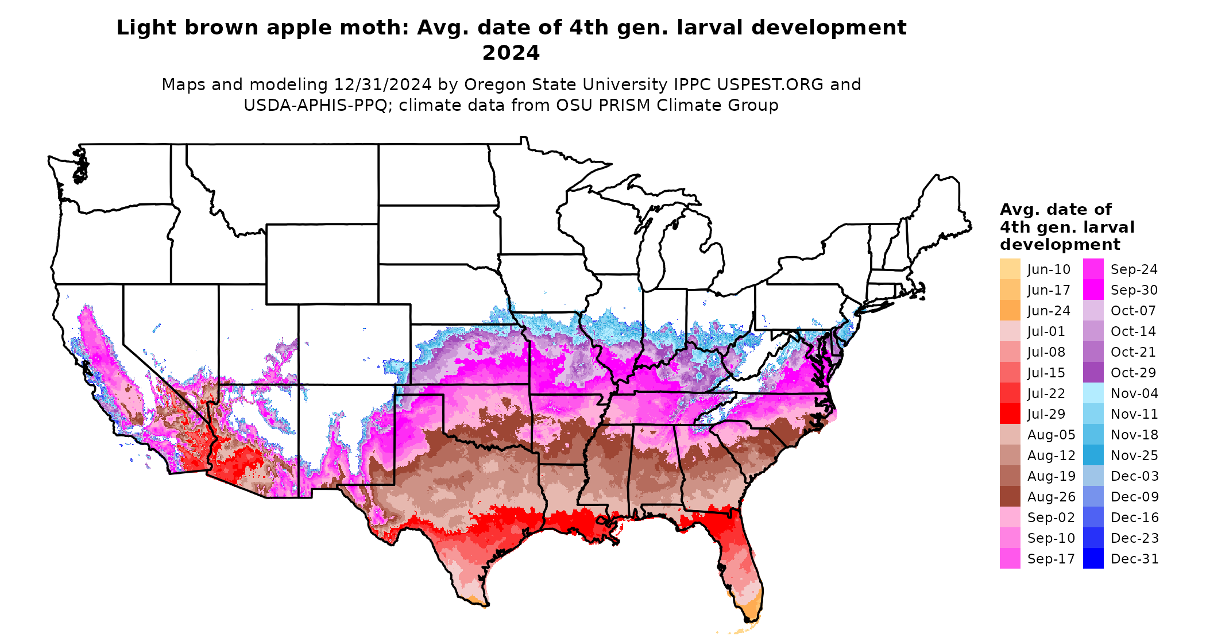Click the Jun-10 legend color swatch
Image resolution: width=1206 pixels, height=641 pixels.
point(1010,269)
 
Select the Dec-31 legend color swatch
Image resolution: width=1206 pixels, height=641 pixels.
point(1093,558)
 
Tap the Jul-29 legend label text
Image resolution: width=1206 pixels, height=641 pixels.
point(1046,414)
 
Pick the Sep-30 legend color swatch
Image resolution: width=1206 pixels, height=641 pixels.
point(1093,289)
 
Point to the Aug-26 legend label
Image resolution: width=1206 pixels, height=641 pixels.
point(1051,497)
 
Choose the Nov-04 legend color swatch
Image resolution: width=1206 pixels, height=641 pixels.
point(1093,393)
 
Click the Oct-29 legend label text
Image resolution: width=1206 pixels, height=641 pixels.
point(1133,373)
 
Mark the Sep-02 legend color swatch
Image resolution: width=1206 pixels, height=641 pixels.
point(1010,517)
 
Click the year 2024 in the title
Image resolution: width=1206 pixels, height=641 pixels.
point(511,53)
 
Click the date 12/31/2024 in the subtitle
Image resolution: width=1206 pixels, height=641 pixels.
point(382,84)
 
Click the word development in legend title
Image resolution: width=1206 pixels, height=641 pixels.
point(1060,245)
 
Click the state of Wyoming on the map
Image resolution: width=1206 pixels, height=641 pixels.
point(322,264)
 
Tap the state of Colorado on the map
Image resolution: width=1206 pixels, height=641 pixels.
point(354,345)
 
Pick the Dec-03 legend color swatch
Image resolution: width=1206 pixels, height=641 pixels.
point(1093,476)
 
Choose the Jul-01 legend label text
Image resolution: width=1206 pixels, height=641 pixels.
point(1046,331)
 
